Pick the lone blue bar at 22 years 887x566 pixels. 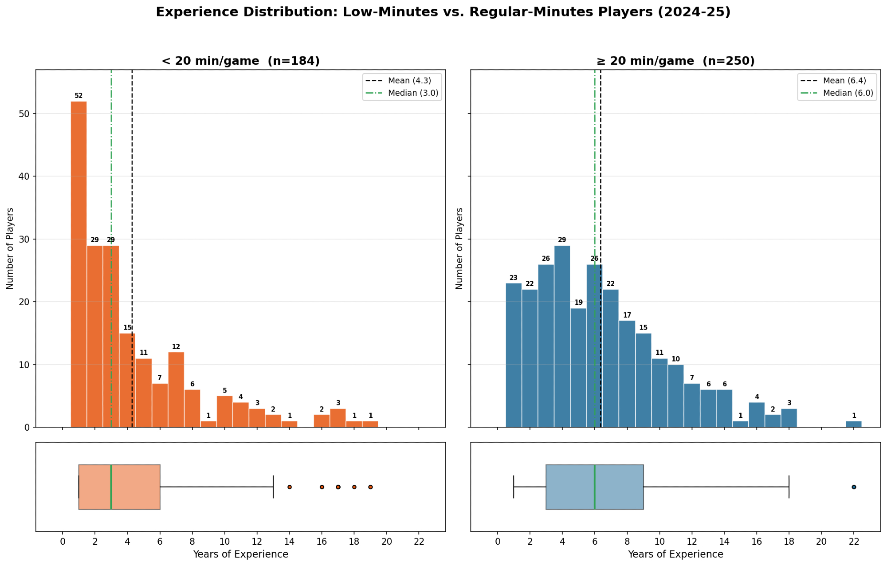coord(854,424)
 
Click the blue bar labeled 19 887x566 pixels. coord(578,368)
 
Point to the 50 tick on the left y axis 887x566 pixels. coord(24,114)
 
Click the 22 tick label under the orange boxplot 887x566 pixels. coord(419,542)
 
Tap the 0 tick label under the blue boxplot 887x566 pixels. coord(498,542)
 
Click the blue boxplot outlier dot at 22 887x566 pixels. coord(854,487)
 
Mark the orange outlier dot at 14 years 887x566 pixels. coord(290,487)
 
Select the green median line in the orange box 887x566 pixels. coord(111,487)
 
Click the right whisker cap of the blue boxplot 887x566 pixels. coord(789,487)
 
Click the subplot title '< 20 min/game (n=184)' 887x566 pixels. coord(240,61)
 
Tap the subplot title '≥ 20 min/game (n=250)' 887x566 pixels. coord(675,61)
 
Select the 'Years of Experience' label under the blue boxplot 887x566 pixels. coord(675,554)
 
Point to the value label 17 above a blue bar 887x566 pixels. coord(627,315)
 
